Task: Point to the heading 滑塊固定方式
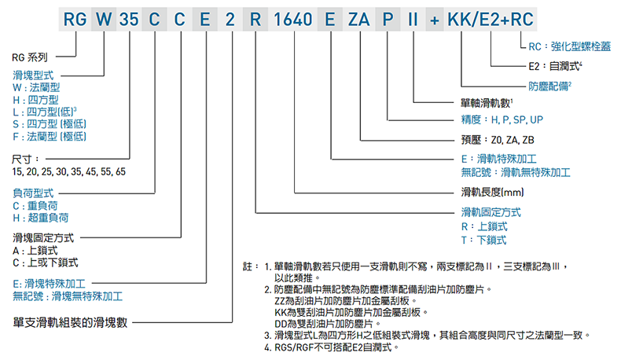click(x=43, y=237)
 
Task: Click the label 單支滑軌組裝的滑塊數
click(x=70, y=321)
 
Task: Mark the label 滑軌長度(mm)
click(x=492, y=192)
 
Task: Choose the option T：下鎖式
click(x=483, y=240)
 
